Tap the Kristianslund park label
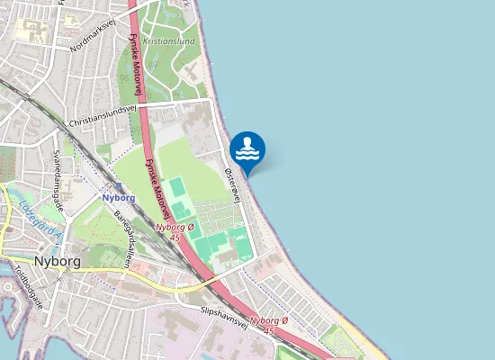tap(168, 40)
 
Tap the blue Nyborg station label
tap(118, 197)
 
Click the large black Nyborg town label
tap(57, 261)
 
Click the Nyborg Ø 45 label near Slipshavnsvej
tap(269, 325)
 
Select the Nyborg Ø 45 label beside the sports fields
tap(175, 232)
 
